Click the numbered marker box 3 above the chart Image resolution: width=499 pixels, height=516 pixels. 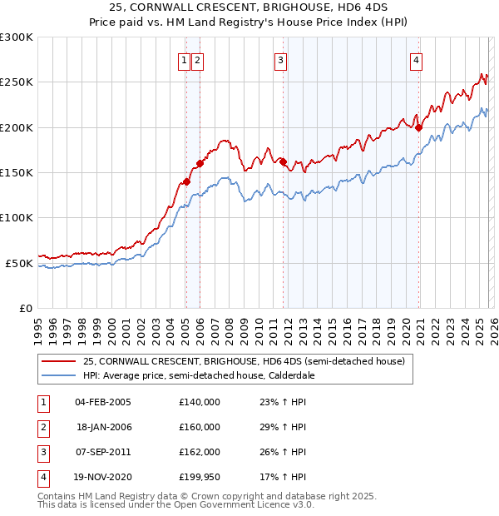point(281,59)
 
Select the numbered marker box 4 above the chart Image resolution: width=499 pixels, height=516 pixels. point(415,59)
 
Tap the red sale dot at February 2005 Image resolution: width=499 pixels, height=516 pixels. point(186,181)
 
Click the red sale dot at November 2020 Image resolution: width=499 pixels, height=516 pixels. point(418,127)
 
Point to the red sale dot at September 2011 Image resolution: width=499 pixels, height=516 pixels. point(284,161)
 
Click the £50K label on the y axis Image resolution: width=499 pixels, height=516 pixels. point(20,263)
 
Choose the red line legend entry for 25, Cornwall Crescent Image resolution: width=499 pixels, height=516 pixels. point(244,361)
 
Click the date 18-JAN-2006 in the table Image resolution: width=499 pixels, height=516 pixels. point(103,426)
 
